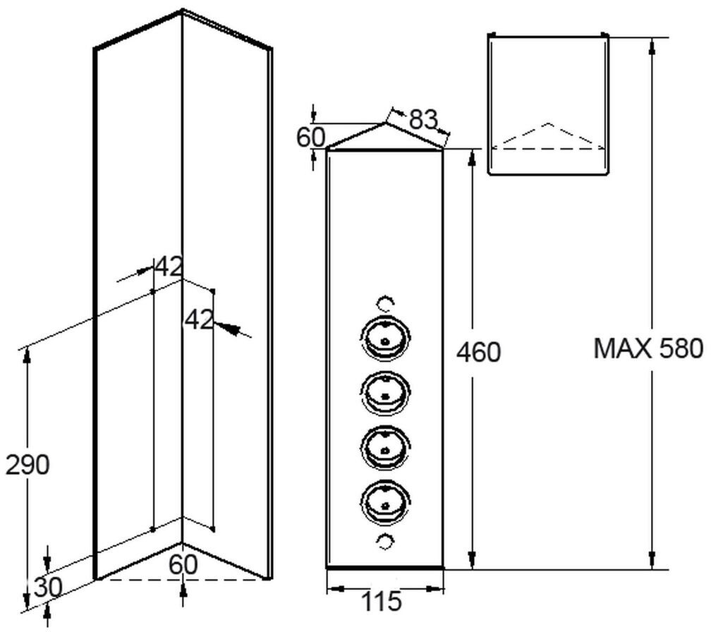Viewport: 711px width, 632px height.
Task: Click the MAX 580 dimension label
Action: [648, 348]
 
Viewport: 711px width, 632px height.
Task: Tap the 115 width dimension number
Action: [381, 602]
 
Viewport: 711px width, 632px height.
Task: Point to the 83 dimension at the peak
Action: [423, 119]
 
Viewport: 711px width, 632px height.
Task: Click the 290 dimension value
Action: [28, 466]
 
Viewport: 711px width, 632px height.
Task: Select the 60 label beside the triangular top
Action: [310, 137]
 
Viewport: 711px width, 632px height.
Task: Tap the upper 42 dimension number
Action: [169, 267]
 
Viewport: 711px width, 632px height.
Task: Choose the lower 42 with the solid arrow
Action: [198, 320]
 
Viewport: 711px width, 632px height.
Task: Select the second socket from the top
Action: [384, 389]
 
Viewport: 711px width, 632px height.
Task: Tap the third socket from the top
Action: [384, 444]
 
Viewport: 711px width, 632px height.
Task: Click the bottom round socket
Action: [384, 500]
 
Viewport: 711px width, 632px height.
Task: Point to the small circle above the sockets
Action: [385, 303]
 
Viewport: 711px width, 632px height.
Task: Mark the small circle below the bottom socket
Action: [385, 541]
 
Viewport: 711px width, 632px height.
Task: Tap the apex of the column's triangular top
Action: [385, 123]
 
